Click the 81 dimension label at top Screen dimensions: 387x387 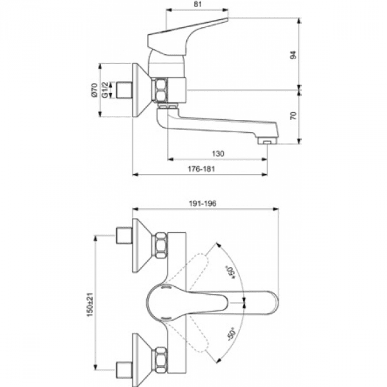coord(198,4)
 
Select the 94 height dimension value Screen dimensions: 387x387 coord(293,55)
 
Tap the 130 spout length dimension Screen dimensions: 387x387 coord(218,154)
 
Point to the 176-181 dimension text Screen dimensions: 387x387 coord(201,169)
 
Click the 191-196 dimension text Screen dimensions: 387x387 coord(203,203)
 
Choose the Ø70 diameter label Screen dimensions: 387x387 coord(95,90)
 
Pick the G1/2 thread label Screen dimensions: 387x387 coord(105,90)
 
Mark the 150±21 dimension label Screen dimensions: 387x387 coord(90,305)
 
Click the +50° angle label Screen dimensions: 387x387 coord(231,273)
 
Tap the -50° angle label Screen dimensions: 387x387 coord(232,333)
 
